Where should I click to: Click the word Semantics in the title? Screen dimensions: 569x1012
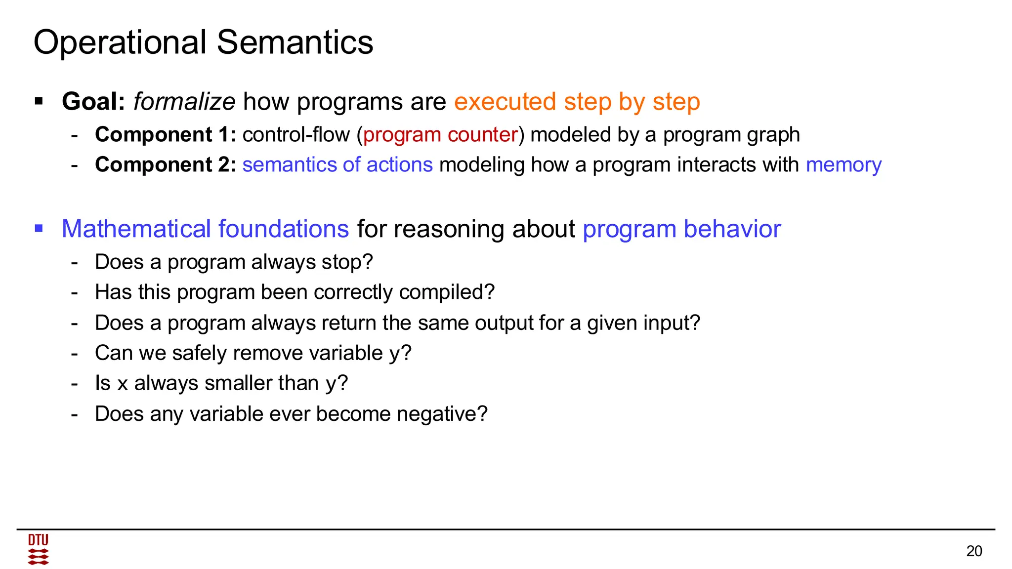pyautogui.click(x=295, y=42)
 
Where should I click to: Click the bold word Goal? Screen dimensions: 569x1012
pyautogui.click(x=93, y=102)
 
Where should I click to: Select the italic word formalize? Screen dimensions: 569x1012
pyautogui.click(x=184, y=102)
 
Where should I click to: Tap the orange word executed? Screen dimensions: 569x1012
pyautogui.click(x=505, y=102)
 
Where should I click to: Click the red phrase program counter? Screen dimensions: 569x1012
pyautogui.click(x=440, y=135)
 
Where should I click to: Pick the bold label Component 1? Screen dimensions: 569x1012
pyautogui.click(x=165, y=135)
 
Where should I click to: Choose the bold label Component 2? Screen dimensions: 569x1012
pyautogui.click(x=165, y=164)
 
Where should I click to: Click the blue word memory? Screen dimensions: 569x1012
pyautogui.click(x=843, y=165)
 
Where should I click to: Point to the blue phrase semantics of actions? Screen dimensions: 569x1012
pyautogui.click(x=337, y=164)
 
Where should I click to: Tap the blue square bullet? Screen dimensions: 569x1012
pyautogui.click(x=39, y=228)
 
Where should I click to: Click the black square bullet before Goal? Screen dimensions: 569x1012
pyautogui.click(x=39, y=101)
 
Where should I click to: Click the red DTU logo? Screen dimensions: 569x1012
pyautogui.click(x=38, y=549)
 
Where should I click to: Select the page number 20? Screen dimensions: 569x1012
pyautogui.click(x=973, y=551)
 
